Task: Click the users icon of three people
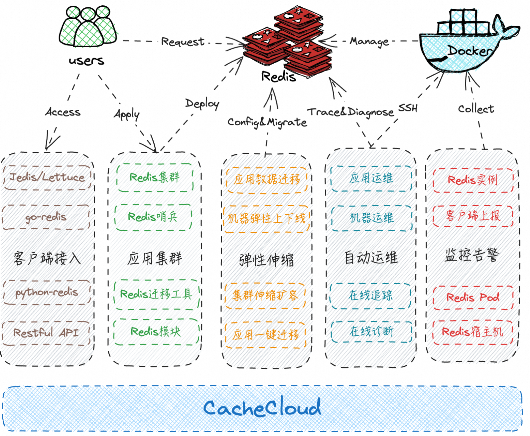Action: (x=88, y=27)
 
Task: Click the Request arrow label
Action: (x=183, y=42)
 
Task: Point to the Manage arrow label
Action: (x=369, y=42)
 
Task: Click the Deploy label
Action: (x=202, y=104)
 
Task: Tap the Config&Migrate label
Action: (x=267, y=122)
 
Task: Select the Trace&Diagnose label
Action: (x=350, y=112)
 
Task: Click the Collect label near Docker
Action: (x=476, y=109)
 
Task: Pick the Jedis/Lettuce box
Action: (x=47, y=177)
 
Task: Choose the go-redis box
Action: (x=46, y=217)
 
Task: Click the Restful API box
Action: (x=46, y=333)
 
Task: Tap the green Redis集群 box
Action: (x=155, y=177)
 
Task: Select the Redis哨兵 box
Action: (x=153, y=217)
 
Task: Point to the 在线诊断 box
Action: (x=371, y=331)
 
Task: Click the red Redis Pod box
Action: (x=473, y=297)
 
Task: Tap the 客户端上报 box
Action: (x=473, y=216)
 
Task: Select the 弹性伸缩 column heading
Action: (x=266, y=260)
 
